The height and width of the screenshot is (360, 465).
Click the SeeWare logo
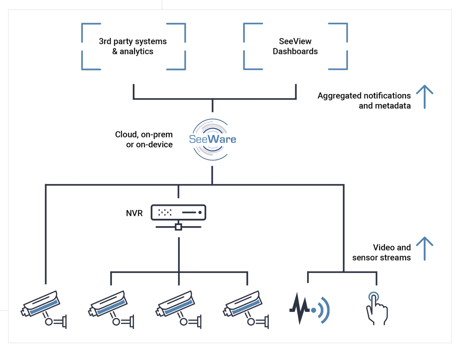(x=212, y=139)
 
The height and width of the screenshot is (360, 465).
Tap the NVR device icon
(x=178, y=213)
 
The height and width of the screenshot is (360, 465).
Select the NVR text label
(x=134, y=213)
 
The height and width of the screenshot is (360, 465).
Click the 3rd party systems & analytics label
(x=133, y=46)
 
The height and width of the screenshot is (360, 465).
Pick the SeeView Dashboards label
(x=295, y=46)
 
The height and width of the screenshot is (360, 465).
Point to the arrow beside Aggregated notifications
(x=424, y=97)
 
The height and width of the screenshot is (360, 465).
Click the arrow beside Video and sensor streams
(x=424, y=248)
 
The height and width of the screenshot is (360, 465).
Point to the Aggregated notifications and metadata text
(x=364, y=101)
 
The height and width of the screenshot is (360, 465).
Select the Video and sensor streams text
(x=381, y=253)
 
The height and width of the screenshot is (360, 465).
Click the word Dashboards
(x=295, y=51)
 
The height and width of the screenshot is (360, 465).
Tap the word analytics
(x=136, y=51)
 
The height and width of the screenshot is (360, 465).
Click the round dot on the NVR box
(x=200, y=212)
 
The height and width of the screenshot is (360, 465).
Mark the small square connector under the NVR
(x=178, y=227)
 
